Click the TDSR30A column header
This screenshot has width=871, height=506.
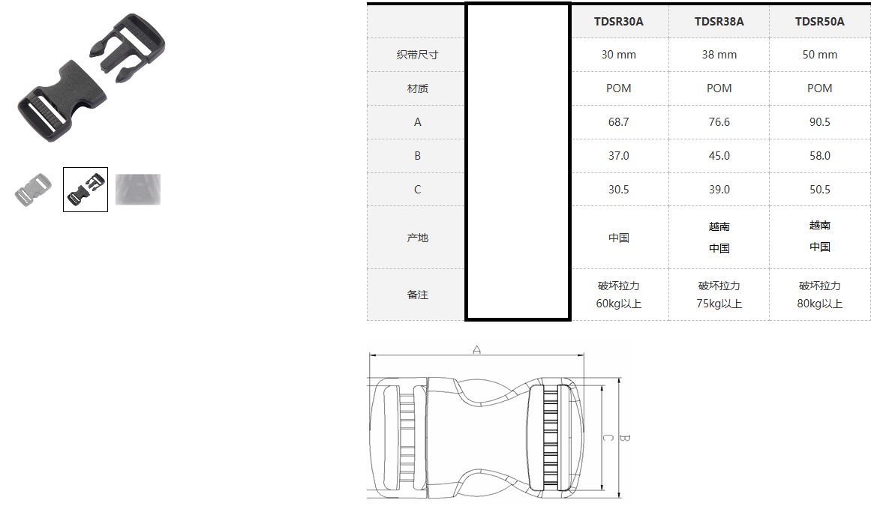point(618,22)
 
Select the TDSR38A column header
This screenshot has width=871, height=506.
point(719,22)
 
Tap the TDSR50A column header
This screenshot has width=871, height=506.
point(819,22)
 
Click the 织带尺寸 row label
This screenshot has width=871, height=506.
point(417,55)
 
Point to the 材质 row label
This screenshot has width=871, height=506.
point(417,88)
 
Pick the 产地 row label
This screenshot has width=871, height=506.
point(417,238)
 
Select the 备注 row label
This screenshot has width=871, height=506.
point(417,295)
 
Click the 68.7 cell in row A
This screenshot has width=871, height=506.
point(618,122)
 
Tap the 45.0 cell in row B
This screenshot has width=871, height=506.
point(719,156)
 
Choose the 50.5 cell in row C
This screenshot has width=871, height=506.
point(819,190)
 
